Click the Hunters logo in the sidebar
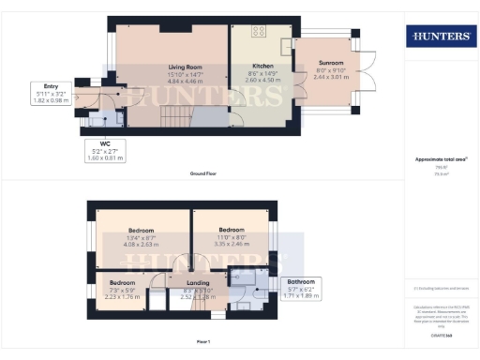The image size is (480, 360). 438,36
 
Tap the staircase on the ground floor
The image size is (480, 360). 174,118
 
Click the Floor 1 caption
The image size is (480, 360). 202,341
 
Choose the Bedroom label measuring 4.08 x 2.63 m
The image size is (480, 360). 141,231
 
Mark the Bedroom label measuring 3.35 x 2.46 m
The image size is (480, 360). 232,230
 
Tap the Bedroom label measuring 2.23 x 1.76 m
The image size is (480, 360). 122,282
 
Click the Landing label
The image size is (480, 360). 198,282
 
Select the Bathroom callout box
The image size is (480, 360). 301,287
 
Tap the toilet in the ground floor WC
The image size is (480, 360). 112,119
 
